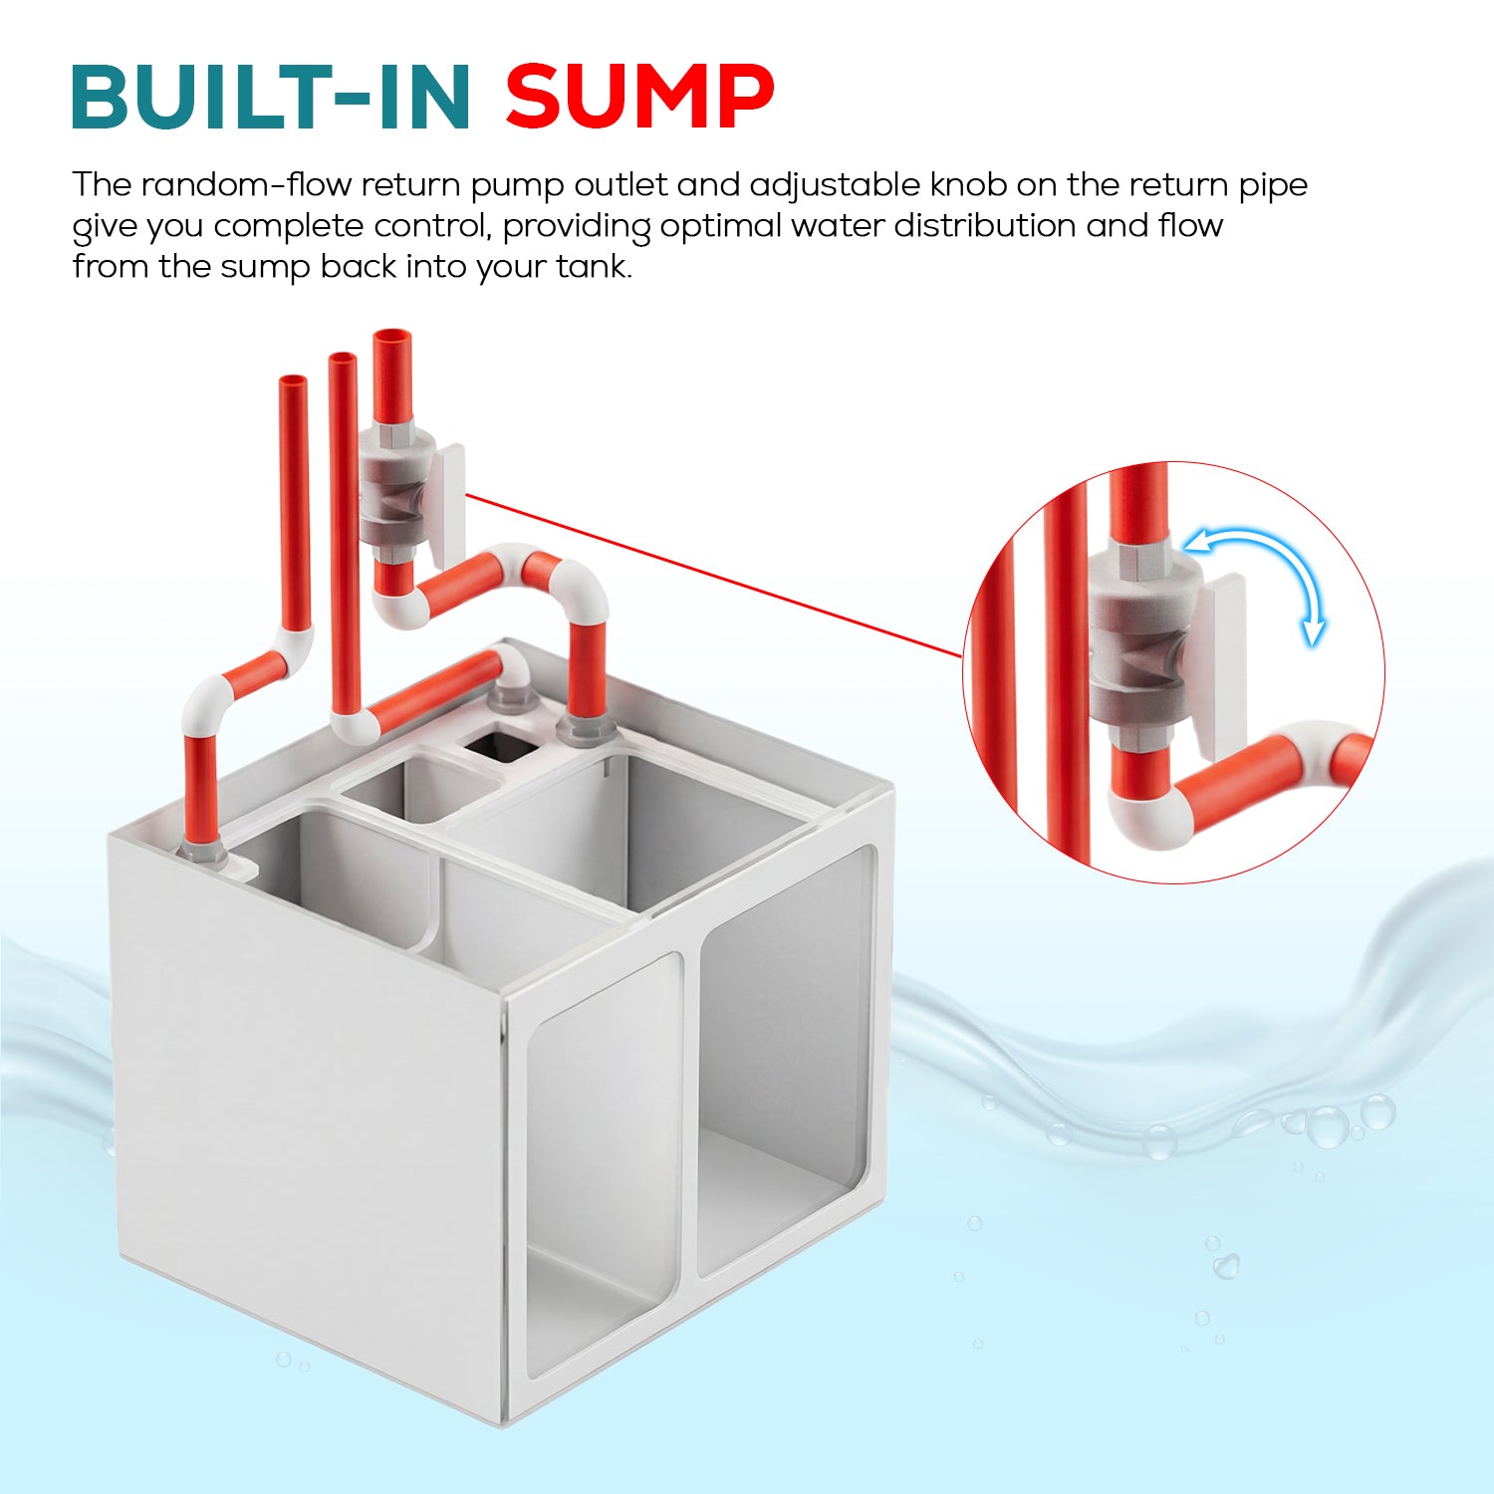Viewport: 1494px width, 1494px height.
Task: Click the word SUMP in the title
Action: click(x=639, y=97)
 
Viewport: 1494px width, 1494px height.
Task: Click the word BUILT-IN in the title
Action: click(x=271, y=97)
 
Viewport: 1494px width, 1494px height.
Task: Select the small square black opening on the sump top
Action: click(x=501, y=745)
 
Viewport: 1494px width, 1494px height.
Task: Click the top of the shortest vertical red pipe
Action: click(x=294, y=380)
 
